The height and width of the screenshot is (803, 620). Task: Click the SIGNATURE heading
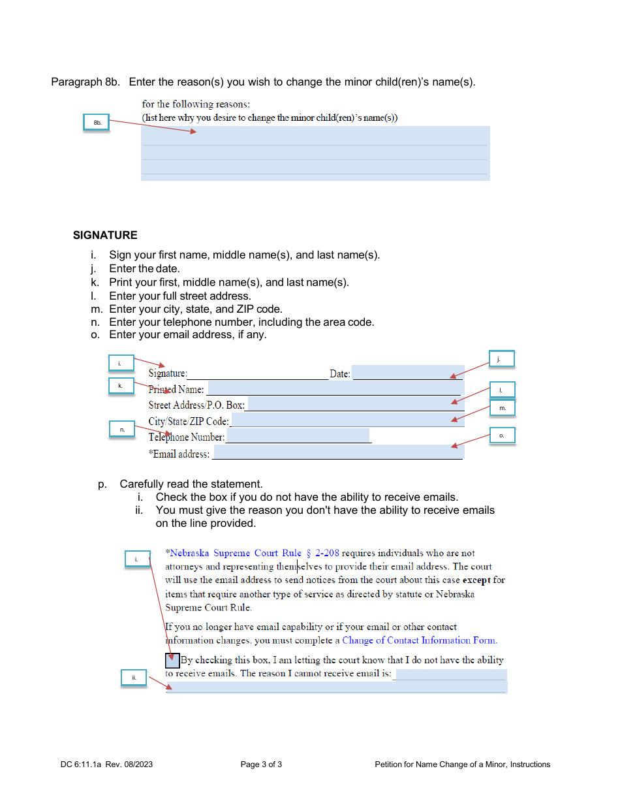click(x=105, y=235)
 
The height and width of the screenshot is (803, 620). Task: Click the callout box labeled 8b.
click(x=97, y=123)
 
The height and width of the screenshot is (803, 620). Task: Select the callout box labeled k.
click(x=121, y=386)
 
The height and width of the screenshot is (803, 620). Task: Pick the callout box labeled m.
click(x=503, y=408)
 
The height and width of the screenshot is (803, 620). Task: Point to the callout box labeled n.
click(x=121, y=429)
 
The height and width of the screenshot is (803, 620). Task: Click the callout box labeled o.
click(x=502, y=435)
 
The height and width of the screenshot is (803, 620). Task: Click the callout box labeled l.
click(x=502, y=390)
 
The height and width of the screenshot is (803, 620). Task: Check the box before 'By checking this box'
click(x=172, y=660)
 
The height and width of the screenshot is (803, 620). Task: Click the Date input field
click(x=407, y=373)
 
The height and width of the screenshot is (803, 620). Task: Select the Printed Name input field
click(x=335, y=389)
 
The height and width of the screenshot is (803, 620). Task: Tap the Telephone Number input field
click(x=298, y=436)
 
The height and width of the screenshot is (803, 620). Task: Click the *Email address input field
click(x=337, y=452)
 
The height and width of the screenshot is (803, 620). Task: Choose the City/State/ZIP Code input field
click(x=347, y=420)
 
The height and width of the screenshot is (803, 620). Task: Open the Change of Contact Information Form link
click(x=419, y=640)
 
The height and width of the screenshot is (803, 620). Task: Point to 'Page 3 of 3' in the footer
click(x=261, y=764)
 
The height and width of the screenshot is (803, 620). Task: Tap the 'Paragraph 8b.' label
click(x=85, y=82)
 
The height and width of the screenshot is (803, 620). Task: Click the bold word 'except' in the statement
click(x=476, y=580)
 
